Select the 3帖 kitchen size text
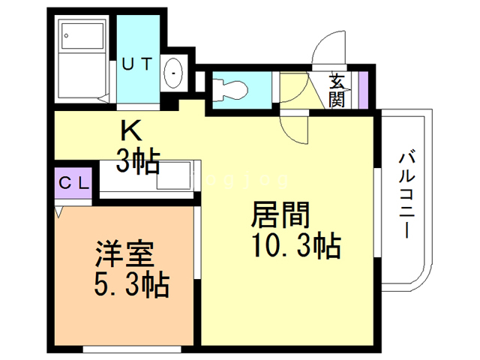(x=136, y=160)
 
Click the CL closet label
(x=73, y=182)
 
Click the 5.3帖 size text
(x=132, y=285)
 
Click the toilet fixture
(x=228, y=90)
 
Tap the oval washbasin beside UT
(x=173, y=74)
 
